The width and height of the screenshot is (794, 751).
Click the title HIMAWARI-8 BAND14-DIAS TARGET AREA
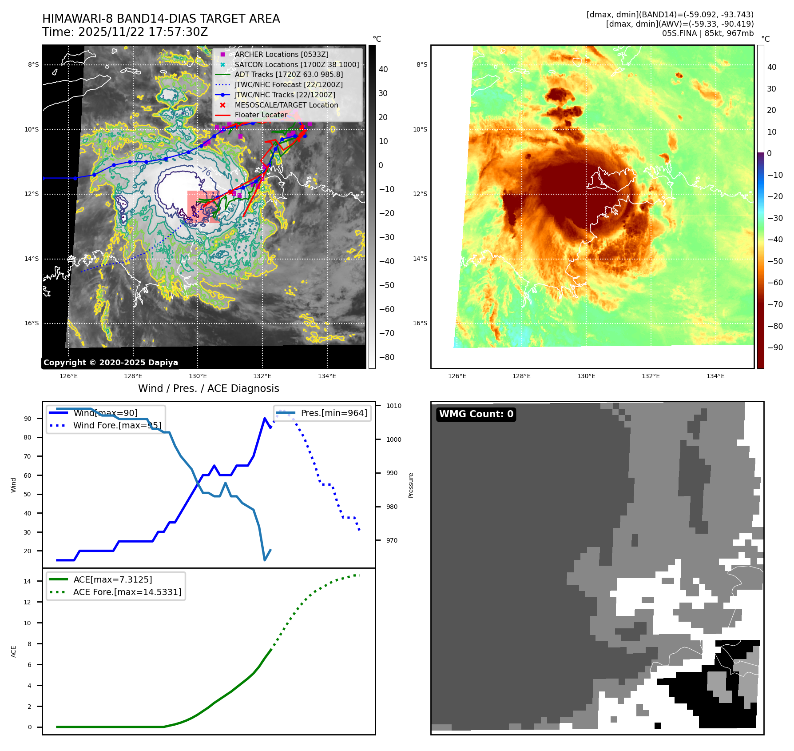[x=161, y=19]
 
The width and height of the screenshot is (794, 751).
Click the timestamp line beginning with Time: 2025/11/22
[x=125, y=32]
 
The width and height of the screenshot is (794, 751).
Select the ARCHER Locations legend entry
[x=282, y=54]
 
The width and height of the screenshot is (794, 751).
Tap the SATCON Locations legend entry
[x=297, y=64]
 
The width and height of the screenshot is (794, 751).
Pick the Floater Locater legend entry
[x=261, y=115]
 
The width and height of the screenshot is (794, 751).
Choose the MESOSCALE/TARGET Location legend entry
[x=286, y=105]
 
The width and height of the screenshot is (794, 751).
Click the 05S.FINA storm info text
[x=707, y=33]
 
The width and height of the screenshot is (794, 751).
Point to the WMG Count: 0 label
[x=476, y=414]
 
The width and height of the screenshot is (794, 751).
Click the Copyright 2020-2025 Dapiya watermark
[x=111, y=363]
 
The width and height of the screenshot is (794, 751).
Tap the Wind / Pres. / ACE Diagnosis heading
[x=209, y=388]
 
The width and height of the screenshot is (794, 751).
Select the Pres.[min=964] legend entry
[x=334, y=413]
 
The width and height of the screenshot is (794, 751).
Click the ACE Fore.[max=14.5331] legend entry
[x=127, y=592]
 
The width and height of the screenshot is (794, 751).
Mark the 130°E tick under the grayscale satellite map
[x=198, y=376]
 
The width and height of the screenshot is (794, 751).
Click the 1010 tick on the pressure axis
[x=393, y=406]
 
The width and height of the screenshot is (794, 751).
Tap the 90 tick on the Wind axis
[x=28, y=419]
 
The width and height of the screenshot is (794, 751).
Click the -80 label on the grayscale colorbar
[x=386, y=357]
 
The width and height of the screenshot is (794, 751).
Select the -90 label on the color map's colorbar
[x=775, y=348]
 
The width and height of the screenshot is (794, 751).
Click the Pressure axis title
[x=411, y=485]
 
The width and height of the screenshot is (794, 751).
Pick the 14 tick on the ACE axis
[x=28, y=581]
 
